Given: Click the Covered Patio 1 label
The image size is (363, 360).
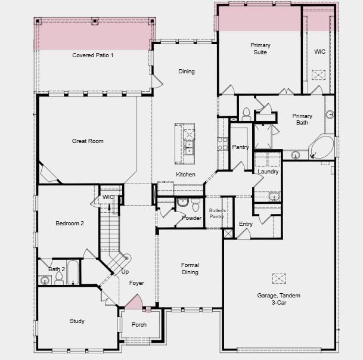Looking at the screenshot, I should pyautogui.click(x=93, y=55).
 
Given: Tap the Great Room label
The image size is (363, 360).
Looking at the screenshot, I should pyautogui.click(x=88, y=141).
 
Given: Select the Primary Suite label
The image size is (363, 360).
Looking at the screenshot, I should pyautogui.click(x=260, y=49).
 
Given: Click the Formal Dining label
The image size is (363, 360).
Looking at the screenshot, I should pyautogui.click(x=190, y=269).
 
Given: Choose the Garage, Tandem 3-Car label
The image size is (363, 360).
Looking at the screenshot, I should pyautogui.click(x=278, y=300).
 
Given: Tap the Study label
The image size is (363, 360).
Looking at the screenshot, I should pyautogui.click(x=77, y=321).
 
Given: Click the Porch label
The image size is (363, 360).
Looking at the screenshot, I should pyautogui.click(x=139, y=325).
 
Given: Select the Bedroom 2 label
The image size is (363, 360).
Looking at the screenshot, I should pyautogui.click(x=70, y=224).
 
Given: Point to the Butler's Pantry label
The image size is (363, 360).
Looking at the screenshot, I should pyautogui.click(x=216, y=213).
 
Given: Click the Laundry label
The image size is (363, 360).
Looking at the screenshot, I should pyautogui.click(x=268, y=172).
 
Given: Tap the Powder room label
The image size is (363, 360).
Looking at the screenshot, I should pyautogui.click(x=192, y=218).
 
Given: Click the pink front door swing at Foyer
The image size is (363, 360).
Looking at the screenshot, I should pyautogui.click(x=135, y=302).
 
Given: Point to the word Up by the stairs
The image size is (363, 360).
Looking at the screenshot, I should pyautogui.click(x=125, y=272).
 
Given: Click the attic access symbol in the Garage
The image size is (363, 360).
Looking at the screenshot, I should pyautogui.click(x=279, y=278).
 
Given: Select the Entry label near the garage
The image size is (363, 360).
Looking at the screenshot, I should pyautogui.click(x=246, y=224).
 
